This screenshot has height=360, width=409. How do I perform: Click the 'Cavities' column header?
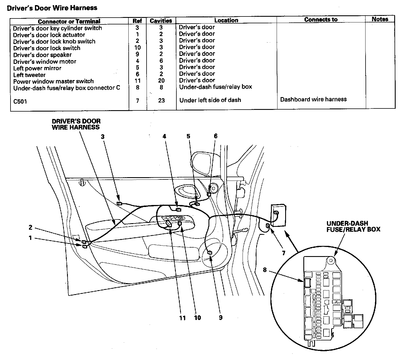pos(161,21)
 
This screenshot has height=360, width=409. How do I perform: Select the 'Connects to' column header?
pos(321,20)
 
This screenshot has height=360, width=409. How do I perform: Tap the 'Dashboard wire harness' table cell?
pos(313,99)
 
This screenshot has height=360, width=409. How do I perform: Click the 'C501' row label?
pos(20,101)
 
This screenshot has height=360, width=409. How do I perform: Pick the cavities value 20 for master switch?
pos(161,81)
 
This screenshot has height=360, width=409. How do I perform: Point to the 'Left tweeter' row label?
pos(29,75)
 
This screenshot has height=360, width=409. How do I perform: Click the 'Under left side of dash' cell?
pos(210,100)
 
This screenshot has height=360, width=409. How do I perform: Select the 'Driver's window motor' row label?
pos(45,61)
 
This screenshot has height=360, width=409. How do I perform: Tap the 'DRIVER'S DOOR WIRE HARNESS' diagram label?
pos(76,124)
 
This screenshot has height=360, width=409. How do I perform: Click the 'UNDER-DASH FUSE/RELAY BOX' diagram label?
pos(353,226)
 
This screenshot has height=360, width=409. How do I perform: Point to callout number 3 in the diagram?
pos(103,137)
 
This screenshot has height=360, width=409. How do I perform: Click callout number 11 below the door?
pos(182,318)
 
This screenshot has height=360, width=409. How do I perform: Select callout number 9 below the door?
pos(221,318)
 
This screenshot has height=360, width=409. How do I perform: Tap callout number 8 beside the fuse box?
pos(265,270)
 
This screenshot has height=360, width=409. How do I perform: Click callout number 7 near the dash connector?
pos(283,253)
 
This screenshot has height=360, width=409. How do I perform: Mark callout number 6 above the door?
pos(216,136)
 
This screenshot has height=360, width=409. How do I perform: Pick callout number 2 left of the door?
pos(30,227)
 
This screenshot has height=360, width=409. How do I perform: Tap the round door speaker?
pos(216,252)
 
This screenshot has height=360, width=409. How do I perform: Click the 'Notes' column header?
pos(380,19)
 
